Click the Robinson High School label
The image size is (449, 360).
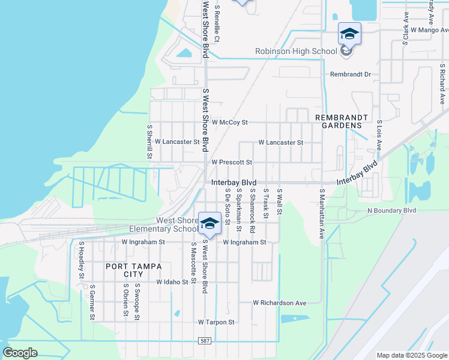[296, 52]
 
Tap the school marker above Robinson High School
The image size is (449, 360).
[349, 34]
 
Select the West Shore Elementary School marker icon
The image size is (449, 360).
[209, 224]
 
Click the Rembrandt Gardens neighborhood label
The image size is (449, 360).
[339, 121]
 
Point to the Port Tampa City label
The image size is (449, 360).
[125, 270]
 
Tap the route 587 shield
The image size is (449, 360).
[205, 341]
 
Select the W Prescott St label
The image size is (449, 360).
[231, 162]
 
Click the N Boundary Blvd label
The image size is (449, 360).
[391, 211]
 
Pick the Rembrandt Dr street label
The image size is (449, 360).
[351, 74]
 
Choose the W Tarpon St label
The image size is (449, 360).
[216, 322]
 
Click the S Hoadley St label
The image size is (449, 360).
[81, 260]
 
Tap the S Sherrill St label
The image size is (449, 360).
[149, 142]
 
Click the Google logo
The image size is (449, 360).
[20, 353]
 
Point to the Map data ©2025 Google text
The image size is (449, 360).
[411, 355]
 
